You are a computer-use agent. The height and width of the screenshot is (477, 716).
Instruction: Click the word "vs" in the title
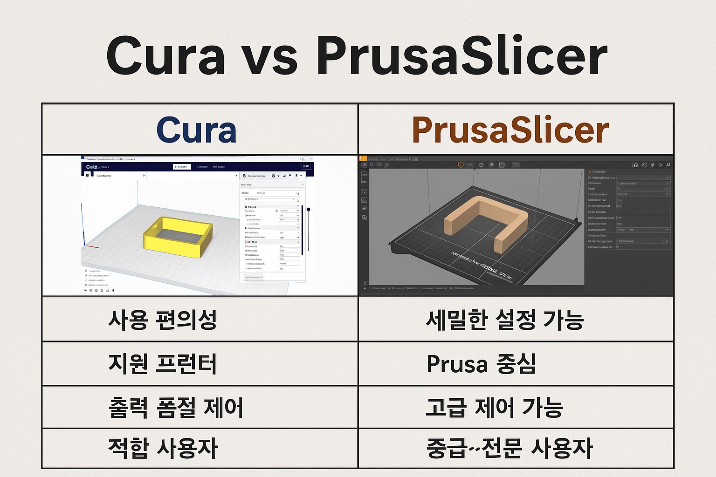pos(271,57)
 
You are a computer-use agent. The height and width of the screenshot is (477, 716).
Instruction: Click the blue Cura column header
pos(196,130)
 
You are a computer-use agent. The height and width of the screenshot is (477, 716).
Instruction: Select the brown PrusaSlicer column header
pos(510,130)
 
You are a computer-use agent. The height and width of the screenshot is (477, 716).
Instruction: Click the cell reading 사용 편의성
pos(162,320)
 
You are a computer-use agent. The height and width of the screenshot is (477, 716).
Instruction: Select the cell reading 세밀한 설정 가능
pos(505,320)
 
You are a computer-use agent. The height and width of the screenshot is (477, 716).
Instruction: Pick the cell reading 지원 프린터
pos(162,364)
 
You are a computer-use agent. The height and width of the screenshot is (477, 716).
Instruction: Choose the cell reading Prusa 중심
pos(481,364)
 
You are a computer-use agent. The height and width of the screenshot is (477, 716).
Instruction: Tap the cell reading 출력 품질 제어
pos(176,408)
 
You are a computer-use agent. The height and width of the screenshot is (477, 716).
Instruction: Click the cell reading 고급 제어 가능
pos(495,408)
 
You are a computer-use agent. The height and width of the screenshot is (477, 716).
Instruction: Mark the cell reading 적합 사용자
pos(163,448)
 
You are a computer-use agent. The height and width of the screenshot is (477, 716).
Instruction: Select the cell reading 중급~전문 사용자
pos(509,448)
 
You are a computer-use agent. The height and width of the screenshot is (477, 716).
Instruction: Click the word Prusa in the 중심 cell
pos(457,364)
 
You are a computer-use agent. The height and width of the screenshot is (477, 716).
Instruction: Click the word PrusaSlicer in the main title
pos(461,57)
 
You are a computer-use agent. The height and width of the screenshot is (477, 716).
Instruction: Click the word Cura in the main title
pos(165,57)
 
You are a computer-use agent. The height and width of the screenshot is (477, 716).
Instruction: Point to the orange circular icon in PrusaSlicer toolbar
pos(461,165)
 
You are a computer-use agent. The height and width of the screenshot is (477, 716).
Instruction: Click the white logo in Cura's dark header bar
pos(91,167)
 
